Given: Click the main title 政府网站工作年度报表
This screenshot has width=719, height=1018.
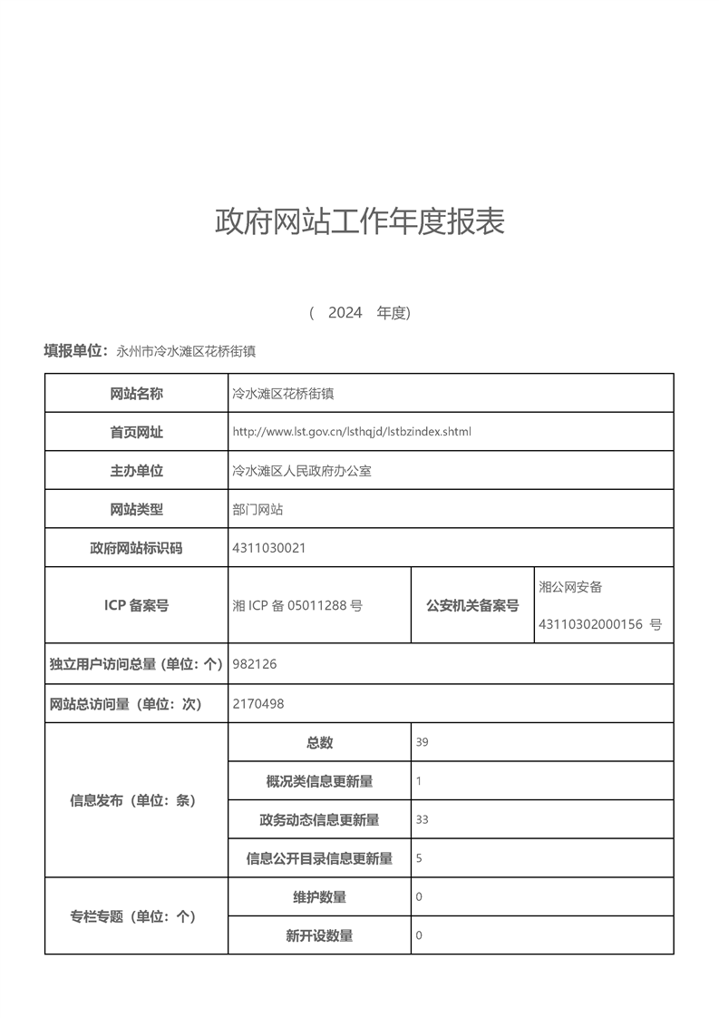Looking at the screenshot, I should click(359, 221).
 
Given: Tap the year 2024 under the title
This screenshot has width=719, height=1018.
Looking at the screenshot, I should click(345, 313).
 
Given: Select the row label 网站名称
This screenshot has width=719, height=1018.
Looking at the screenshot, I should click(136, 394).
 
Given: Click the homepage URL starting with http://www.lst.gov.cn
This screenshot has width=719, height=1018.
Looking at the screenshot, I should click(352, 432).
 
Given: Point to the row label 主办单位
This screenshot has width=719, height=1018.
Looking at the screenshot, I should click(136, 471).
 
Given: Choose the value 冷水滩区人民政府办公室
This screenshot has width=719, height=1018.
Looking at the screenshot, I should click(302, 471).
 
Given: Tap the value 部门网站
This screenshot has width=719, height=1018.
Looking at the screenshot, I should click(257, 510).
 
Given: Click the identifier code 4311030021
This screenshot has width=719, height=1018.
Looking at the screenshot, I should click(269, 548).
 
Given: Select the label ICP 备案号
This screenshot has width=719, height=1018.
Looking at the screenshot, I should click(136, 605).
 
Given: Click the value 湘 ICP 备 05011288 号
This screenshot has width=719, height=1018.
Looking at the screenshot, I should click(297, 605).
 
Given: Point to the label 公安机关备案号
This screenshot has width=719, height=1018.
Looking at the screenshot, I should click(472, 605).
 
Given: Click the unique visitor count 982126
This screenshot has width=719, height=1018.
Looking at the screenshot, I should click(255, 664).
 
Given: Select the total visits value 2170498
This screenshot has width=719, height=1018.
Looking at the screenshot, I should click(258, 703).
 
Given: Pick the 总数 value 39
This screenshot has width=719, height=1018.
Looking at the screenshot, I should click(422, 742).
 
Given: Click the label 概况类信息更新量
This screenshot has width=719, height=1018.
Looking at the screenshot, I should click(319, 781).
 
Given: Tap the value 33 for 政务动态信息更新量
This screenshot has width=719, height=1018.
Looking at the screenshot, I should click(422, 819).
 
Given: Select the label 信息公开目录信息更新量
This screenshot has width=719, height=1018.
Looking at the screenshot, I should click(319, 858).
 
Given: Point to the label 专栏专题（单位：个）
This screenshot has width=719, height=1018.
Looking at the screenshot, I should click(133, 916).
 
